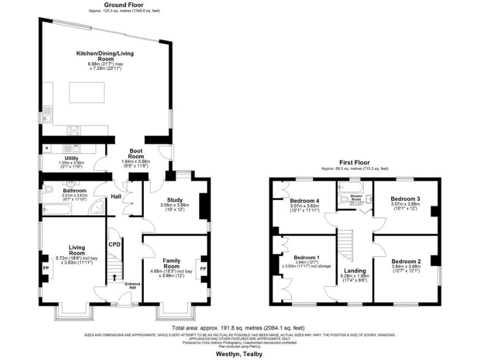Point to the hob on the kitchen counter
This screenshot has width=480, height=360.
pyautogui.click(x=74, y=131)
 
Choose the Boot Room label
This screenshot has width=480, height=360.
pyautogui.click(x=137, y=154)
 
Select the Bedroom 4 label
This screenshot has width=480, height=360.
pyautogui.click(x=304, y=201)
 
